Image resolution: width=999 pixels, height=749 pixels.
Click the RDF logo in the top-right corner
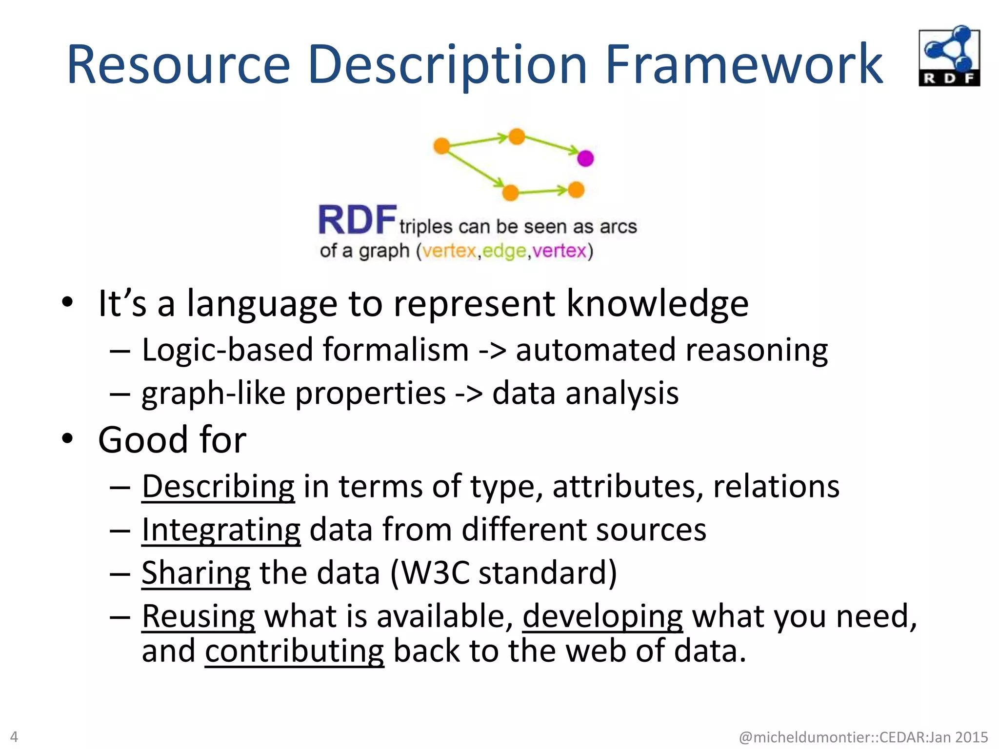pos(949,56)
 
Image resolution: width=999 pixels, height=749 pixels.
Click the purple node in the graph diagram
pos(585,158)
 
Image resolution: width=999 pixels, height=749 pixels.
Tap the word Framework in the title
pos(744,65)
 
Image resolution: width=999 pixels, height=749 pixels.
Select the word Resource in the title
pos(179,65)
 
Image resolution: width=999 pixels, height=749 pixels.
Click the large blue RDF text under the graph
pos(357,220)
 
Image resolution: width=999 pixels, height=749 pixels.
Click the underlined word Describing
pos(218,487)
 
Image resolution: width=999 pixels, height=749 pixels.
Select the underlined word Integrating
pos(221,530)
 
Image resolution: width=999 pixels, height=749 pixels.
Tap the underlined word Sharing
pos(196,573)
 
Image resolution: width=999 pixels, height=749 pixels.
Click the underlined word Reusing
pos(198,616)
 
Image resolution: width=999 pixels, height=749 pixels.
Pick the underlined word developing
pos(602,616)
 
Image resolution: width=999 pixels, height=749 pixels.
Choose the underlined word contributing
pos(294,651)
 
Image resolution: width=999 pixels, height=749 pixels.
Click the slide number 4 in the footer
pos(14,736)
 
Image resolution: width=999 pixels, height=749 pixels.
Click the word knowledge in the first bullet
pos(657,303)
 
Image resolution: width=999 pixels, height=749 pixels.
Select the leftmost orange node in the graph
pos(441,145)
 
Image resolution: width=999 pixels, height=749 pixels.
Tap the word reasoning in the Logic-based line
pos(756,350)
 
